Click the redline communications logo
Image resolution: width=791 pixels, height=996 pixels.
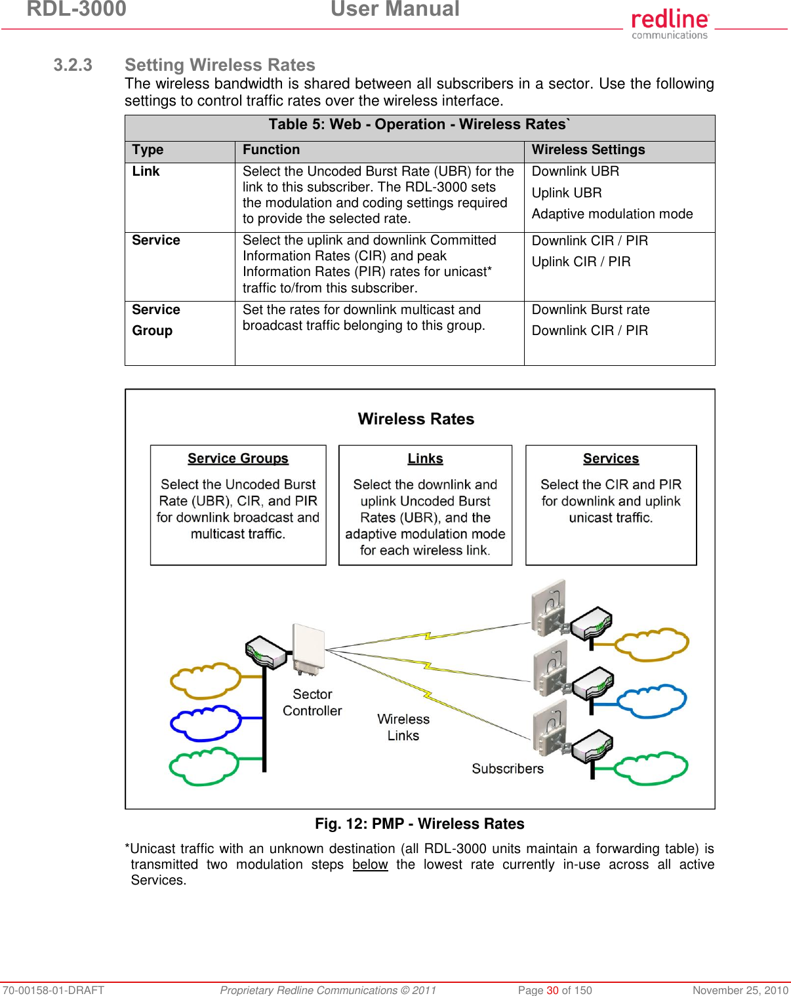point(670,24)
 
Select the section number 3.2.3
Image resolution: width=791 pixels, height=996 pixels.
point(73,65)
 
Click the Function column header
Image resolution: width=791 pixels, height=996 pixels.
point(271,150)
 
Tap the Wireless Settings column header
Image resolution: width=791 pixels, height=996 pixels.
point(588,150)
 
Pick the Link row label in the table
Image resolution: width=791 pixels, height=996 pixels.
point(146,172)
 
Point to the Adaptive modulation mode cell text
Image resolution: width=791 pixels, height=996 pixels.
point(612,214)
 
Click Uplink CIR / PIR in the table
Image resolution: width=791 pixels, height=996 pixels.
point(580,262)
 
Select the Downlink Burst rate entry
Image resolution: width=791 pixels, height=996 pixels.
point(590,310)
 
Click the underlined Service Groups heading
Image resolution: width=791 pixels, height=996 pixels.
point(237,459)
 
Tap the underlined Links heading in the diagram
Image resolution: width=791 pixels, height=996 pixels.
point(425,459)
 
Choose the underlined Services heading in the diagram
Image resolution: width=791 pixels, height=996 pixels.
point(611,459)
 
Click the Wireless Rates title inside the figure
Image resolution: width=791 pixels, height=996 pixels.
point(416,420)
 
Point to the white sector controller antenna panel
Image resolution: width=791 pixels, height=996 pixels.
point(308,649)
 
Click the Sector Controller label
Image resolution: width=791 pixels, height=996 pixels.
point(312,703)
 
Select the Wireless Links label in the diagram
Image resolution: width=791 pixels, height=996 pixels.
point(403,728)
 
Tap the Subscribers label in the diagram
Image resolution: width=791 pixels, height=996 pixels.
point(507,769)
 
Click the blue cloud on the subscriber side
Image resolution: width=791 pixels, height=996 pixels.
point(652,701)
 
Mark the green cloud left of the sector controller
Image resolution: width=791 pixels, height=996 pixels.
point(204,767)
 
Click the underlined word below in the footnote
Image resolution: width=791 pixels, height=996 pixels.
point(370,865)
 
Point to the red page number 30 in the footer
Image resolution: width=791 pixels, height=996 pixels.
point(552,990)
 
